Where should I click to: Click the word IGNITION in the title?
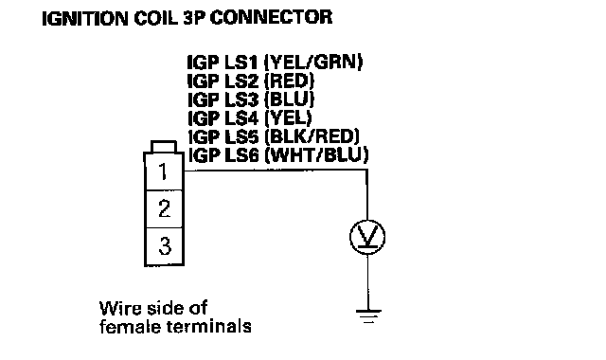pyautogui.click(x=84, y=18)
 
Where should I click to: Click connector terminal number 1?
pyautogui.click(x=164, y=171)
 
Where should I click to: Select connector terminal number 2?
pyautogui.click(x=164, y=208)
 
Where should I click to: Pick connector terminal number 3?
pyautogui.click(x=164, y=246)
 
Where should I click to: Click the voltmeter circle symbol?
pyautogui.click(x=367, y=237)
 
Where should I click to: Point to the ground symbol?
pyautogui.click(x=368, y=315)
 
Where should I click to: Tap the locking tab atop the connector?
pyautogui.click(x=164, y=147)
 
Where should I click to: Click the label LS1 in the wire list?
pyautogui.click(x=241, y=63)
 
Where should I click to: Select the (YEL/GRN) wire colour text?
pyautogui.click(x=313, y=63)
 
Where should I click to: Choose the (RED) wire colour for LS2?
pyautogui.click(x=289, y=81)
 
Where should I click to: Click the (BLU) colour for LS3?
pyautogui.click(x=289, y=99)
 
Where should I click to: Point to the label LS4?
pyautogui.click(x=241, y=117)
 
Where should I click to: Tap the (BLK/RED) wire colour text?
pyautogui.click(x=312, y=136)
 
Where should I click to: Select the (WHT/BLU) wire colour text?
pyautogui.click(x=317, y=155)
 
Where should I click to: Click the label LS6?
pyautogui.click(x=241, y=155)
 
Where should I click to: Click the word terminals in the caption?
pyautogui.click(x=208, y=326)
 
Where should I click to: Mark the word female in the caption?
pyautogui.click(x=131, y=326)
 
